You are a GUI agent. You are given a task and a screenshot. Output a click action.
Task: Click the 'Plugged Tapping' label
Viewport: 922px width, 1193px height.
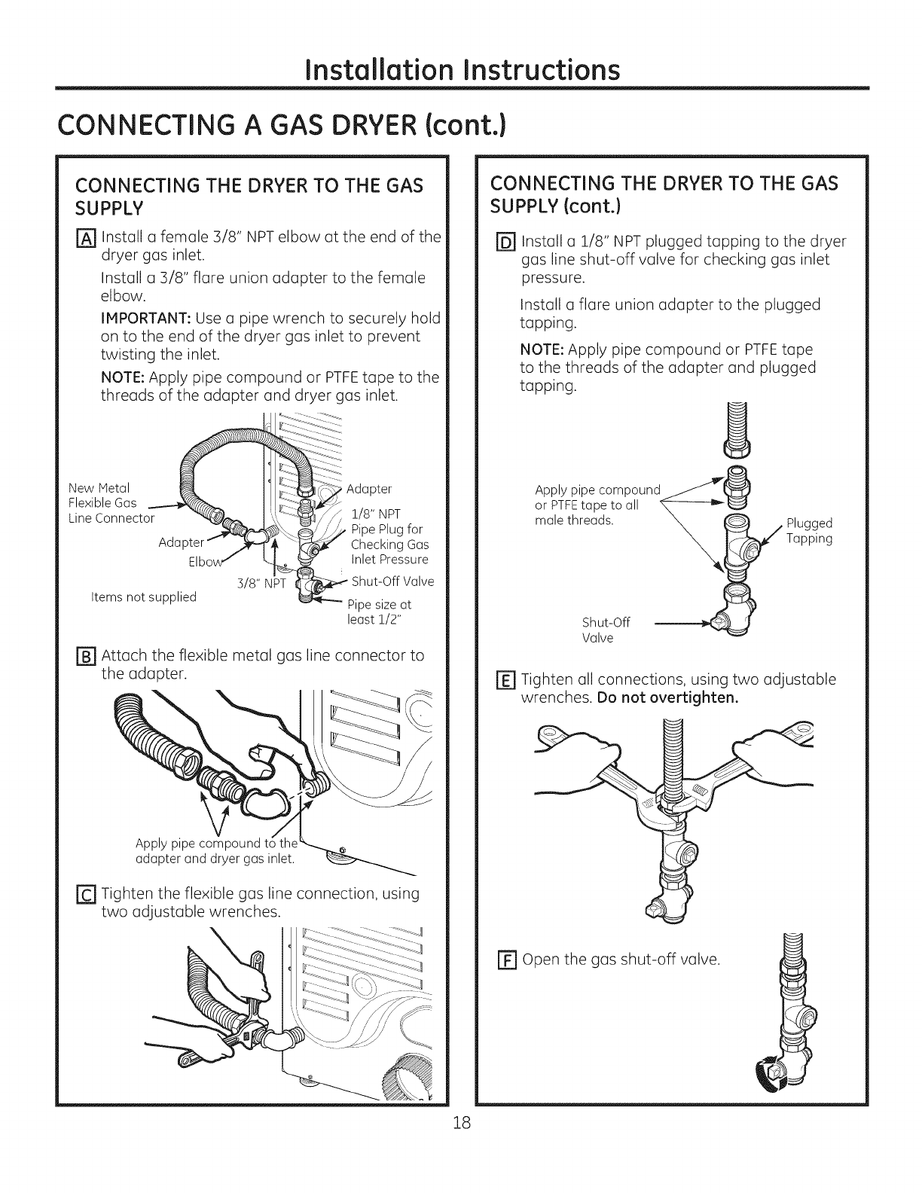[808, 531]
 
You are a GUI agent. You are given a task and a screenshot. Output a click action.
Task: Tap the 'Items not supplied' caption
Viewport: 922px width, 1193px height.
[143, 597]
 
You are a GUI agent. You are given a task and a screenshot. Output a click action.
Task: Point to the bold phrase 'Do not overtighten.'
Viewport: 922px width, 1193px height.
[667, 697]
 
